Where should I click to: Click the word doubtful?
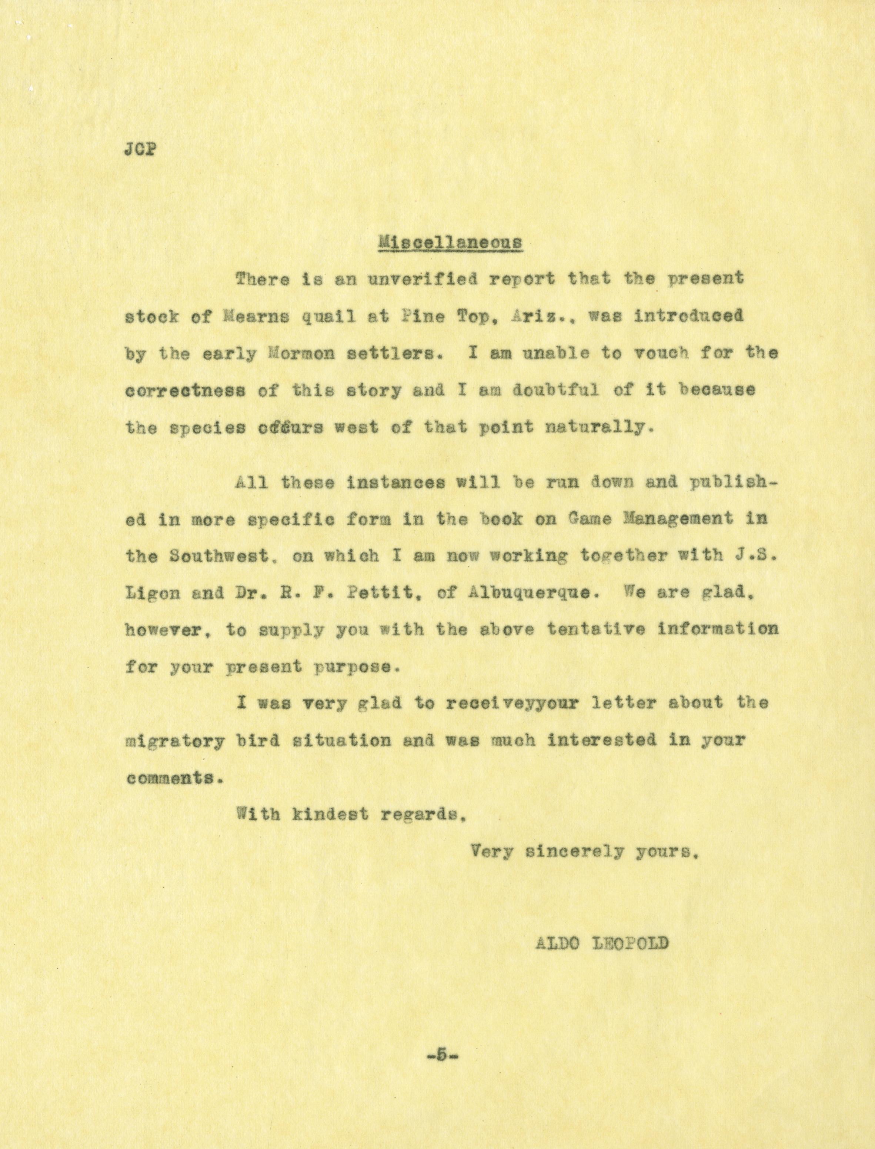coord(555,391)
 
